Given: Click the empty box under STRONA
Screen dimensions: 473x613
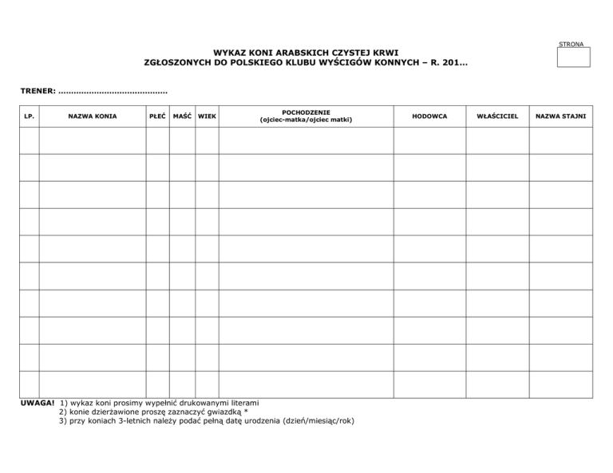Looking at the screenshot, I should (573, 57).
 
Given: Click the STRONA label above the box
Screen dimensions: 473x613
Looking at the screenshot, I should (572, 44).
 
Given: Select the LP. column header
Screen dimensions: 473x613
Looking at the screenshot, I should (29, 117).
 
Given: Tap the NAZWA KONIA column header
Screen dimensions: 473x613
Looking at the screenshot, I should (93, 117).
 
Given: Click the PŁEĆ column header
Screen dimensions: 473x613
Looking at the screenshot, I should (157, 117).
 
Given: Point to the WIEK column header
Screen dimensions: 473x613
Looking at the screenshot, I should (207, 117).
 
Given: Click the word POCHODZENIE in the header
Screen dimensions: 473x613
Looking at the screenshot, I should (306, 112).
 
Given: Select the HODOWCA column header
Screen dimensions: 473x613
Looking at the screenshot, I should (429, 117).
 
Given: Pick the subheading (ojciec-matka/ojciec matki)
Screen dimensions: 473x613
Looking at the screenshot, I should (306, 120).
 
